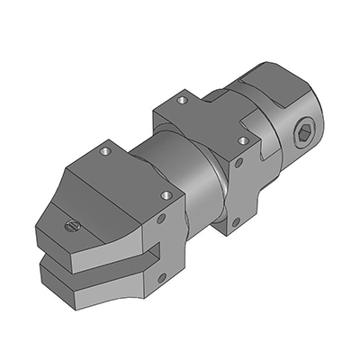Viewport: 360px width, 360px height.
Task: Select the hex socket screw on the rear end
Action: [303, 136]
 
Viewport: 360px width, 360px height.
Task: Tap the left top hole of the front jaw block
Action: [107, 151]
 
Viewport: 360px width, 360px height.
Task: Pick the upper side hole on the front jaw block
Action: [162, 219]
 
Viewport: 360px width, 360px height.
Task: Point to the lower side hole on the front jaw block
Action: [161, 270]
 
